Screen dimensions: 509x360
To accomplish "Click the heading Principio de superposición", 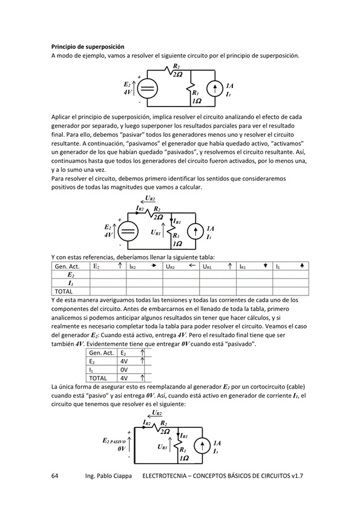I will coord(88,46).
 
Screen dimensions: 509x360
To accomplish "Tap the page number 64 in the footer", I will coord(54,476).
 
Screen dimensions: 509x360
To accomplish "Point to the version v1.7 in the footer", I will coord(295,476).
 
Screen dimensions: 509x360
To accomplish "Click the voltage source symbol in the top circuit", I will coord(147,88).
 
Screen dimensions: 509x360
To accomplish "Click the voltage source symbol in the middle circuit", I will coord(128,231).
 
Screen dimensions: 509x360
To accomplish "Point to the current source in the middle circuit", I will coord(195,232).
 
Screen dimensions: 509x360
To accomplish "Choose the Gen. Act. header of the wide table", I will coord(67,266).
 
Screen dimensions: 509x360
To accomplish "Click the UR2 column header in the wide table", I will coord(172,266).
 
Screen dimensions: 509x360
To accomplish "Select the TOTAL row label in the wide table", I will coord(64,291).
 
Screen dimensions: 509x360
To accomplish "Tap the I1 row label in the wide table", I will coord(70,283).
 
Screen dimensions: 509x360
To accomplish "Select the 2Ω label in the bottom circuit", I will coord(165,431).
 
